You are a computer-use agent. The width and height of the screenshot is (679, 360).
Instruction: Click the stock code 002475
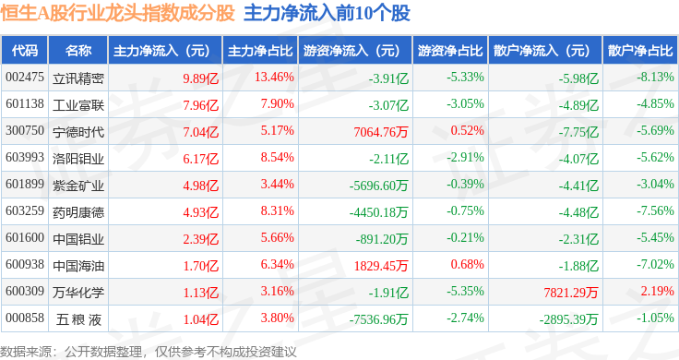point(25,78)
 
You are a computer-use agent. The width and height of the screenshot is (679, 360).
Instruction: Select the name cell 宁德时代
point(78,132)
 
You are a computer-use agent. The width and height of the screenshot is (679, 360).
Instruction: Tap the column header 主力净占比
point(260,51)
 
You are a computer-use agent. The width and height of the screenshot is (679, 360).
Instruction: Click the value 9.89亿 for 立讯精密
point(200,78)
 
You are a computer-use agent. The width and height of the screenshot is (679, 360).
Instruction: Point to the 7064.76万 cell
point(381,132)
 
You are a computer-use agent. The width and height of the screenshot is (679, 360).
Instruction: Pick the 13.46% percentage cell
point(274,78)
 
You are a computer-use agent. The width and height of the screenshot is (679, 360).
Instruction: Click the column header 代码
point(25,51)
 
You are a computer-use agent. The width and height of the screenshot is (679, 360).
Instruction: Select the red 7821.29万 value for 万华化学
point(571,293)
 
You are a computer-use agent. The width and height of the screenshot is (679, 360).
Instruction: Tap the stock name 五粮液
point(78,319)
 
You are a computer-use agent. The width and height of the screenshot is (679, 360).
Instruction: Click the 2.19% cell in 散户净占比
point(658,291)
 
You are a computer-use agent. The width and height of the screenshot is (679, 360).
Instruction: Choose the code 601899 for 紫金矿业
point(25,184)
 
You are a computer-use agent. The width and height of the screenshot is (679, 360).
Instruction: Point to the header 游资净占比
point(450,51)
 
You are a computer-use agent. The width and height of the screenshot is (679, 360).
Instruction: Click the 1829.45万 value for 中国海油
point(381,266)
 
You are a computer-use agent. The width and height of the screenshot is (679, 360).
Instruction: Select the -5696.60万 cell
point(378,186)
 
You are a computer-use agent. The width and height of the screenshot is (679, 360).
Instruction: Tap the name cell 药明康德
point(78,212)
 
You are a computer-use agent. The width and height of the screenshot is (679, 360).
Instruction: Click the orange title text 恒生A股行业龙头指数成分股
point(117,14)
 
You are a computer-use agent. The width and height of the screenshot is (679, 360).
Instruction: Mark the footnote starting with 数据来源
point(149,352)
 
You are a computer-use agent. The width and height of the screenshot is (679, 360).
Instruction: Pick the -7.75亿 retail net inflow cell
point(578,132)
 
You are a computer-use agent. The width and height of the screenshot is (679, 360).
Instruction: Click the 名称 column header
point(78,51)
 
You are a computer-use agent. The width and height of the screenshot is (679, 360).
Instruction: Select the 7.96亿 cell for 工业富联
point(200,105)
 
